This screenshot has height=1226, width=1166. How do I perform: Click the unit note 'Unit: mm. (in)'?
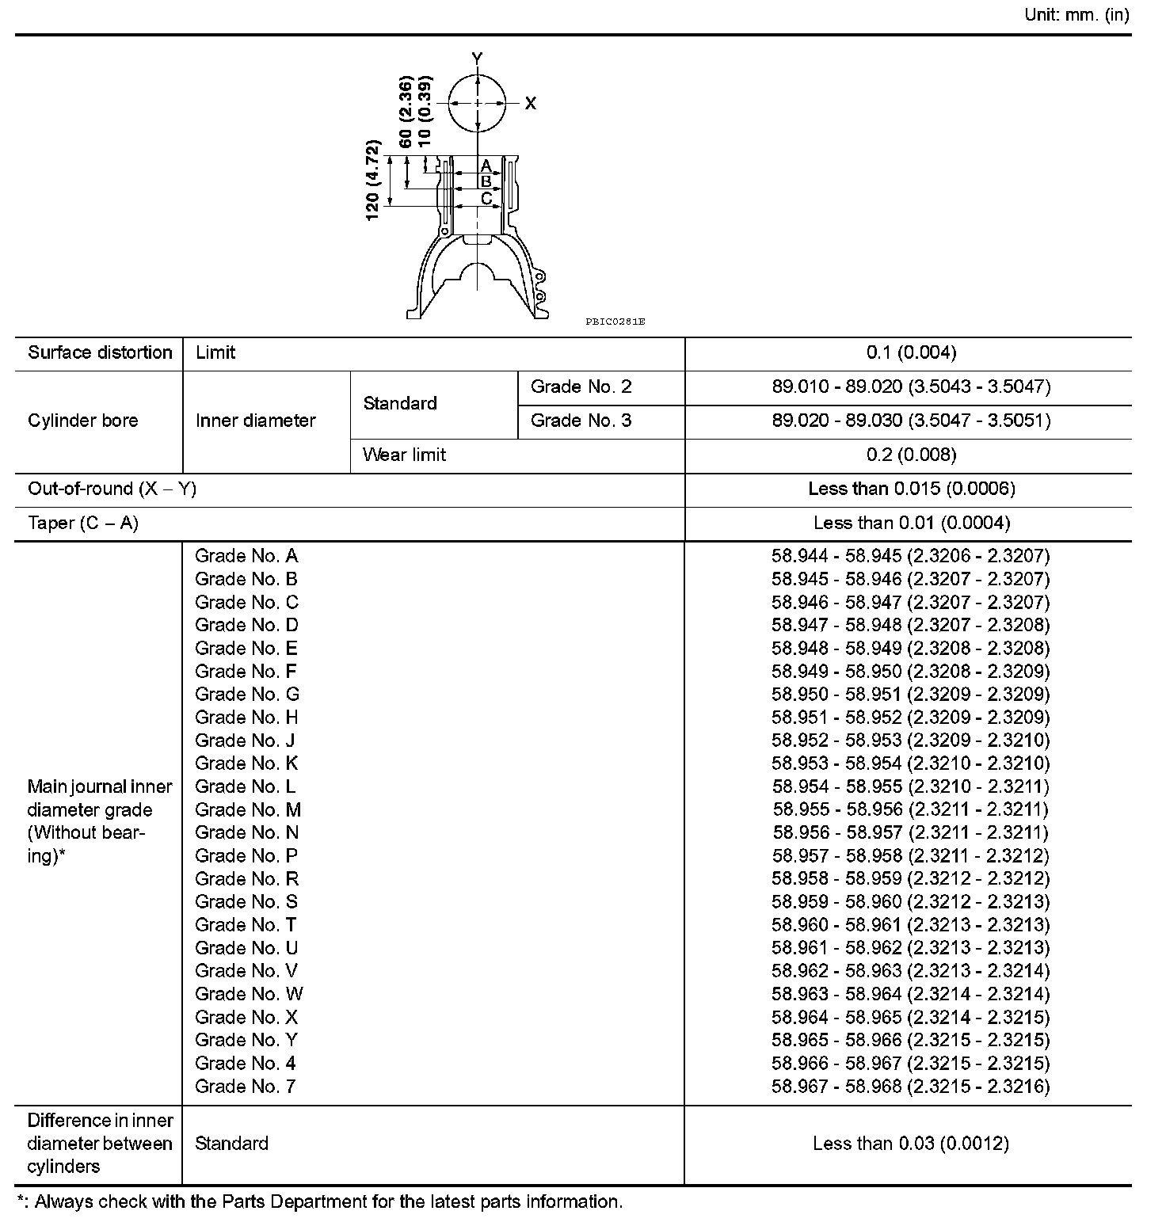tap(1076, 15)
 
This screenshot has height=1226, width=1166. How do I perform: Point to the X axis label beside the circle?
tap(531, 104)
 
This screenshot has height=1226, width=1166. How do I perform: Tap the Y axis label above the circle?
tap(477, 59)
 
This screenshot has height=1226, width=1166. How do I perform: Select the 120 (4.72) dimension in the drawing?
tap(373, 181)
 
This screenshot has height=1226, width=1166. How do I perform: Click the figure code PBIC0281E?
tap(615, 322)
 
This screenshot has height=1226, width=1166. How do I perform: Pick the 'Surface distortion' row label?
tap(100, 353)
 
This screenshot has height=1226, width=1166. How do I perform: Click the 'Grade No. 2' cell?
tap(581, 387)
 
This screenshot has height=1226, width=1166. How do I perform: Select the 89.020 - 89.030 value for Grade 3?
tap(911, 421)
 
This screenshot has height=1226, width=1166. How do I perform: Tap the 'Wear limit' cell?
tap(404, 455)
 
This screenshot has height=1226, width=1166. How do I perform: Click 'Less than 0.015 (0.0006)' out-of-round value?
tap(911, 489)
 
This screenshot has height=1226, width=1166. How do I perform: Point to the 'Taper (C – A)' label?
tap(83, 523)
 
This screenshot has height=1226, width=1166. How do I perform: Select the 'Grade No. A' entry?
tap(246, 556)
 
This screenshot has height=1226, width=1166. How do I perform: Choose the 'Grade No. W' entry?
tap(249, 994)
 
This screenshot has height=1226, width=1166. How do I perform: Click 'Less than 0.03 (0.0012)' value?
tap(910, 1144)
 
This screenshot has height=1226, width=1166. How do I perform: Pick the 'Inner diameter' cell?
tap(255, 421)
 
